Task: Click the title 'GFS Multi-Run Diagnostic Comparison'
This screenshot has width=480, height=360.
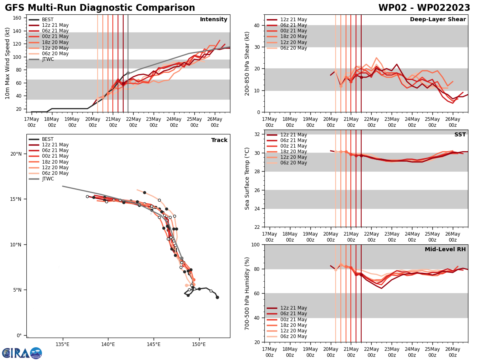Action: (x=100, y=8)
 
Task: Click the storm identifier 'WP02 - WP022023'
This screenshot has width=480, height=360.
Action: (x=424, y=8)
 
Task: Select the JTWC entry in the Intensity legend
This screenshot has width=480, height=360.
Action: (x=48, y=59)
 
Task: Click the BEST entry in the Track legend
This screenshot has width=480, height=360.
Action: (x=48, y=139)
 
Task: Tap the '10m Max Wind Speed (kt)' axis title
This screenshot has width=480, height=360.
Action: (x=8, y=63)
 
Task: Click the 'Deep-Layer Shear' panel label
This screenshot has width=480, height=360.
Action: (x=438, y=20)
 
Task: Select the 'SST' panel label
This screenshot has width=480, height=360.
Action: (x=460, y=135)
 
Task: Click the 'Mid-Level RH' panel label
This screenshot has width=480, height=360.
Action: (x=445, y=250)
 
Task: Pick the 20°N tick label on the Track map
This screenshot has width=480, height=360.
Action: (x=16, y=154)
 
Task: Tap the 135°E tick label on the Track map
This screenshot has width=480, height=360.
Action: (x=62, y=344)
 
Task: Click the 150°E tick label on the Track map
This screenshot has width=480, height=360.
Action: (x=199, y=344)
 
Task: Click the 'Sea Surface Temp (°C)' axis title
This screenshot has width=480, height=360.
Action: (x=248, y=178)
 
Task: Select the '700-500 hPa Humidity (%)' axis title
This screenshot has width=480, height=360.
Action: (x=248, y=293)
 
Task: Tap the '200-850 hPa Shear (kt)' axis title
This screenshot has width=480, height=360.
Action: (x=248, y=63)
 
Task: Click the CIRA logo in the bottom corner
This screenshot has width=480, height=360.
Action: (x=22, y=353)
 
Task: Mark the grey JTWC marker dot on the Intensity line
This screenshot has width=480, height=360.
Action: (x=128, y=73)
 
